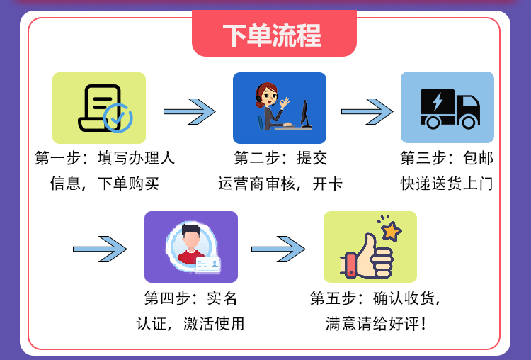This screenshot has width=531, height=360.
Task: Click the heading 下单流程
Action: click(272, 35)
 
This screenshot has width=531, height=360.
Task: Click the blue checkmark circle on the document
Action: click(117, 118)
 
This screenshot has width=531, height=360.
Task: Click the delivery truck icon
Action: click(447, 108)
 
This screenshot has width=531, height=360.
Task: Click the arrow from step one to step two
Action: click(189, 111)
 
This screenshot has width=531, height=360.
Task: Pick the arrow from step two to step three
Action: click(367, 111)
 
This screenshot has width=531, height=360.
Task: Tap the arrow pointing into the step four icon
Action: click(100, 249)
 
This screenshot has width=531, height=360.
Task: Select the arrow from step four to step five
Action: click(278, 249)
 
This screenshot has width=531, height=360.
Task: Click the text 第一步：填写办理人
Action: click(105, 158)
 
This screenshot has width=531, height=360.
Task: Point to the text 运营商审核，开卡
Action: click(280, 184)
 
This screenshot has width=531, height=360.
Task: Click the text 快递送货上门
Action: click(446, 184)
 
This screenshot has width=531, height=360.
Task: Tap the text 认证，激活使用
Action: click(190, 325)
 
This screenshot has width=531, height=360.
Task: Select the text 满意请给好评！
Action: click(376, 325)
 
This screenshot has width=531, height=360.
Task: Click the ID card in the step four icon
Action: click(208, 266)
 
